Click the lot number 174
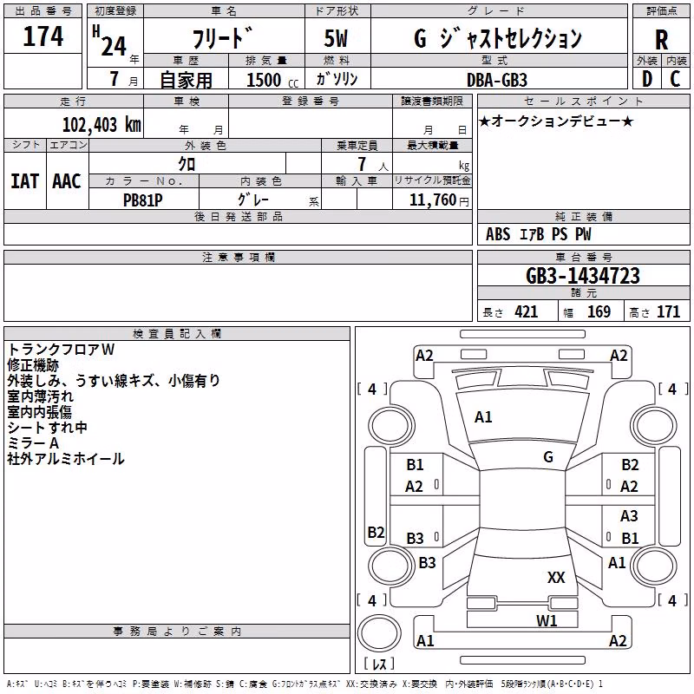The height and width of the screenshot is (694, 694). [43, 36]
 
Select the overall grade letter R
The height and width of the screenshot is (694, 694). [661, 39]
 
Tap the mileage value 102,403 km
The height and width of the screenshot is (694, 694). [101, 125]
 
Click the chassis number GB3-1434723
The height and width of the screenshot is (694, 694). [583, 276]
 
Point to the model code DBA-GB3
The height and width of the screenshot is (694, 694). [496, 80]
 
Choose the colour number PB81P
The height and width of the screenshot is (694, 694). [142, 200]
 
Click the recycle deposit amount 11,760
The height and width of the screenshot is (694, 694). [432, 200]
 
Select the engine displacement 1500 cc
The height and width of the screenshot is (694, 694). [272, 80]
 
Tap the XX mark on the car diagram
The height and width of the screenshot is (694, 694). [556, 577]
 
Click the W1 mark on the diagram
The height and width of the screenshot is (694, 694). [547, 620]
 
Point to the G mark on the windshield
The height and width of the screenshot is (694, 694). [548, 457]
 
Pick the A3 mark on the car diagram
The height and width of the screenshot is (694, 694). [629, 516]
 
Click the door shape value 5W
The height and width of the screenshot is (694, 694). [336, 38]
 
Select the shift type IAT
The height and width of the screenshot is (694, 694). [25, 181]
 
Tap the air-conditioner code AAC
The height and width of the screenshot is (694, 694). [67, 181]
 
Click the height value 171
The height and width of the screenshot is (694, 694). [668, 312]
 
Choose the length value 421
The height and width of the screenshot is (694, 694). [527, 312]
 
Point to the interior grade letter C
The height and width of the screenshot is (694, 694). [675, 79]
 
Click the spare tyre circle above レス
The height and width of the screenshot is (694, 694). [379, 632]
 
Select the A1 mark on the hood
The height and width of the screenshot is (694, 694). [483, 417]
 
